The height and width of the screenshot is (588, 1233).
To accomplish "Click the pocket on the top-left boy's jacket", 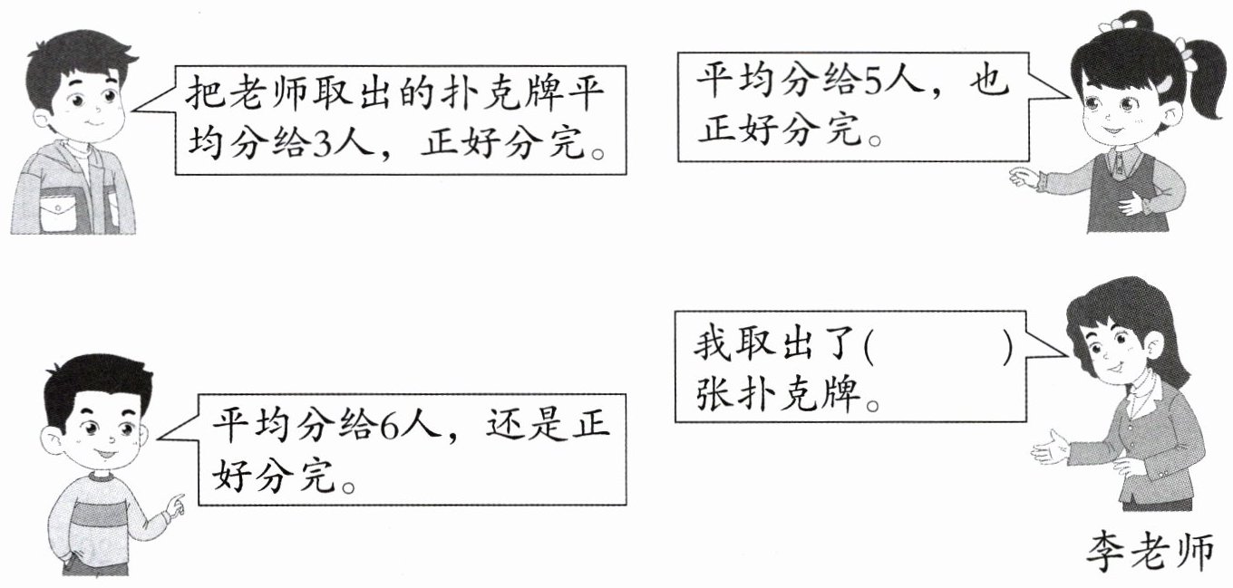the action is pyautogui.click(x=60, y=213).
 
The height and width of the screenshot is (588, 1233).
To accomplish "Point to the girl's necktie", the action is pyautogui.click(x=1121, y=163).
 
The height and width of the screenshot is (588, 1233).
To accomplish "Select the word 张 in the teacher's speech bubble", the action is pyautogui.click(x=713, y=395).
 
